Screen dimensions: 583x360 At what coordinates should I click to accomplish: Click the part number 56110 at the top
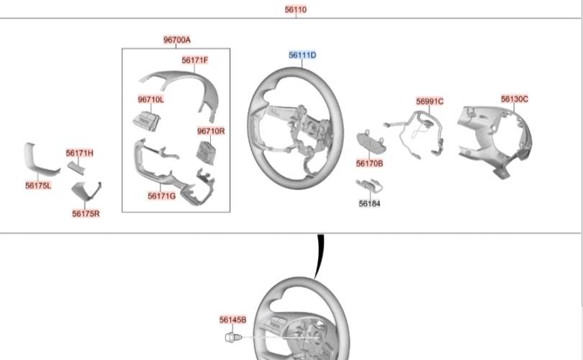[296, 9]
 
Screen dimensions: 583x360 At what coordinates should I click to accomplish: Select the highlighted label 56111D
[302, 55]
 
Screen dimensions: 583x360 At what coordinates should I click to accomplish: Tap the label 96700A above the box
[177, 40]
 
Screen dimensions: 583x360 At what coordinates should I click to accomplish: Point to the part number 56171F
[195, 60]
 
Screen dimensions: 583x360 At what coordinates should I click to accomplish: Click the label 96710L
[150, 99]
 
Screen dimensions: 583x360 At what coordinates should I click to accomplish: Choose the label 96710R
[211, 131]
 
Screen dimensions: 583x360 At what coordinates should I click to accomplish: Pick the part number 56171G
[161, 196]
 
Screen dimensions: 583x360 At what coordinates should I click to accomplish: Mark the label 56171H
[80, 153]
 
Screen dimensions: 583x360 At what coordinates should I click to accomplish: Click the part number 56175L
[38, 185]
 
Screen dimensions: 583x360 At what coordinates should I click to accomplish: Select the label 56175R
[86, 213]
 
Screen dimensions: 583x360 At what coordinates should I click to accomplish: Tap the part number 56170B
[369, 163]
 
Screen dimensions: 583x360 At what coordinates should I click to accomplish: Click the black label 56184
[369, 204]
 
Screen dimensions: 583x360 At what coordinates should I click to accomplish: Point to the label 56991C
[430, 101]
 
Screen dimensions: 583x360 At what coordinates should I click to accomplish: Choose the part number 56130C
[514, 99]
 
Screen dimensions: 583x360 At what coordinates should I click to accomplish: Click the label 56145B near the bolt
[232, 320]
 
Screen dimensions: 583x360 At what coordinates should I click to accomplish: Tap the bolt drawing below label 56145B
[233, 338]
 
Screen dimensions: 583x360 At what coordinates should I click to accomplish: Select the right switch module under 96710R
[205, 153]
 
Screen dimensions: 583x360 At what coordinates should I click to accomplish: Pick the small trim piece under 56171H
[76, 168]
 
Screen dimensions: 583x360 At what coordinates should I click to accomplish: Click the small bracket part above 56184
[369, 186]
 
